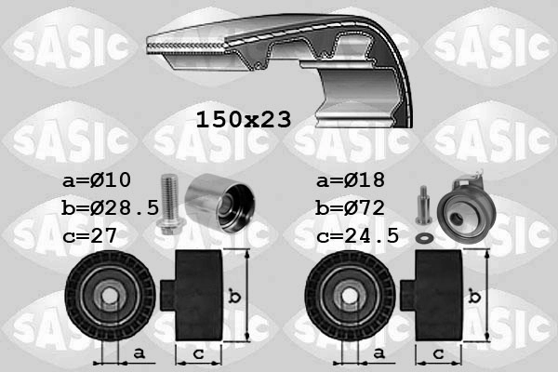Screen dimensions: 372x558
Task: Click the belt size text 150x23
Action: tap(244, 119)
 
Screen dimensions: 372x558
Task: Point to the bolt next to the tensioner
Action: tap(423, 205)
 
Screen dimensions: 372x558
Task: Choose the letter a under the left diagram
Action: tap(139, 352)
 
